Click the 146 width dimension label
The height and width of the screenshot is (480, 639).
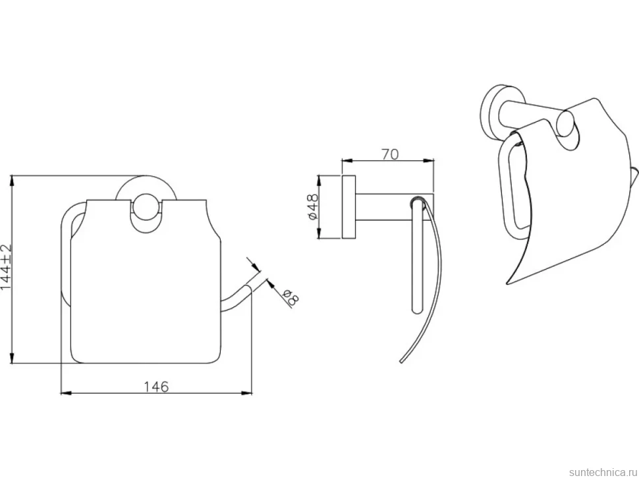click(x=157, y=386)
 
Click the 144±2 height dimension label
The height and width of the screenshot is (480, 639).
click(x=7, y=268)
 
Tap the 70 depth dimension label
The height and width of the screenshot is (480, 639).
click(x=389, y=154)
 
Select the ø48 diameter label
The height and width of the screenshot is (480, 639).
click(x=313, y=207)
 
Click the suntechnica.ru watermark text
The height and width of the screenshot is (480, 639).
click(x=603, y=472)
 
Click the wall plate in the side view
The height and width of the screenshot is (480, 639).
click(x=348, y=207)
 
